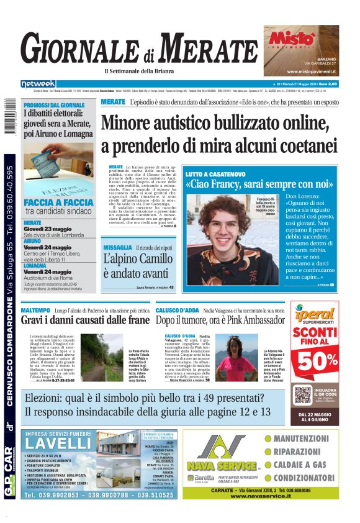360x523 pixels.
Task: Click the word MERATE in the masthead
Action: click(209, 47)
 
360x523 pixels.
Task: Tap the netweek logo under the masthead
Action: click(38, 84)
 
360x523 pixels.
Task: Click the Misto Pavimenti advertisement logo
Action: click(290, 39)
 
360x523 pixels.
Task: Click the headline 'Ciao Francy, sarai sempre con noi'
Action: click(259, 184)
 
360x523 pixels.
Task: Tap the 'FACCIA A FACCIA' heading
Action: click(59, 203)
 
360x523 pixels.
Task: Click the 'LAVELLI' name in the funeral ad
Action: click(59, 443)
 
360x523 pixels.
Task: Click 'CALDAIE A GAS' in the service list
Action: click(300, 465)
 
